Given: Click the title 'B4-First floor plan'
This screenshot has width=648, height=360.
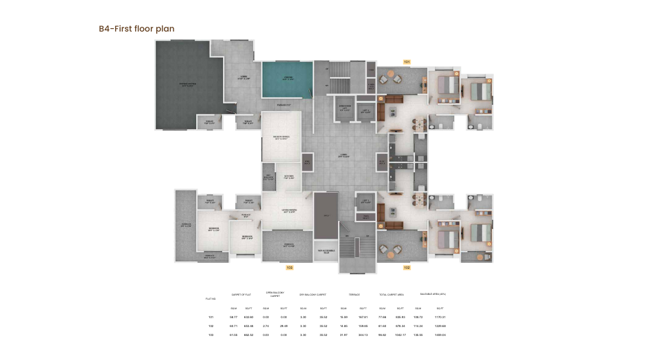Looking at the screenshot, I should click(x=136, y=29).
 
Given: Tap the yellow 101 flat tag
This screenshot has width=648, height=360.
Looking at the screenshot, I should click(x=407, y=62).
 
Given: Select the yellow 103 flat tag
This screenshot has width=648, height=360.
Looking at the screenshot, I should click(x=289, y=266).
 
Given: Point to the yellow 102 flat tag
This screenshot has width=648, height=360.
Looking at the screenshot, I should click(x=407, y=267).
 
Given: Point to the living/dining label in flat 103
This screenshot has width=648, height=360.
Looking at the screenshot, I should click(x=288, y=211).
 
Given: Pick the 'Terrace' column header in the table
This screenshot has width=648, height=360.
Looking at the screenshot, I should click(x=354, y=294).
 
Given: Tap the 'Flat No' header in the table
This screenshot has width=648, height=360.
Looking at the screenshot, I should click(x=211, y=299).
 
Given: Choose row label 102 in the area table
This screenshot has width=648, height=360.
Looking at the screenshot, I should click(x=211, y=326).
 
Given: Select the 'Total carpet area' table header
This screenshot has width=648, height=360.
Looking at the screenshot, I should click(x=392, y=294).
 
